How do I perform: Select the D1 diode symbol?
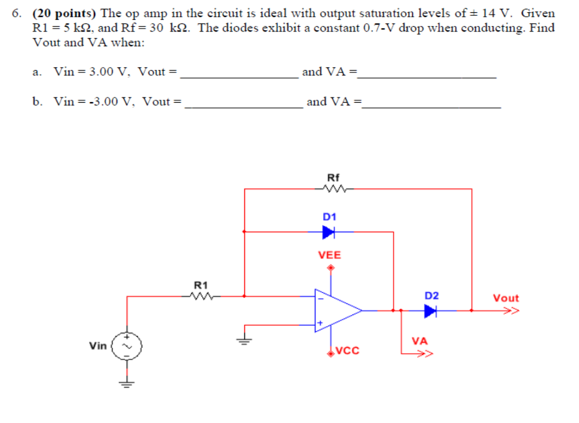click(x=329, y=232)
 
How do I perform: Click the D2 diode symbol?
click(x=430, y=311)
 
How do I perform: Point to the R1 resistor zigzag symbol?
click(x=200, y=296)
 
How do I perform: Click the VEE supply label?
click(x=330, y=255)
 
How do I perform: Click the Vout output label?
click(x=506, y=298)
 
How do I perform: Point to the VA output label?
click(x=420, y=340)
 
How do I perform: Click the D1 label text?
click(x=329, y=216)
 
